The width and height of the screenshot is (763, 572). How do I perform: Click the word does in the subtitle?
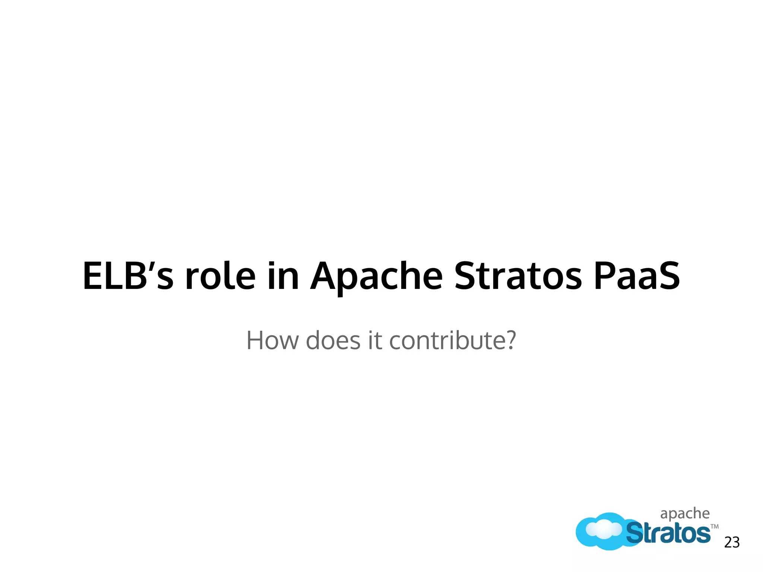click(x=333, y=340)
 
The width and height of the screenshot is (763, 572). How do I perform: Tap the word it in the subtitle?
click(x=376, y=340)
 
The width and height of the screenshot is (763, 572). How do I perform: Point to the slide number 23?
click(x=732, y=543)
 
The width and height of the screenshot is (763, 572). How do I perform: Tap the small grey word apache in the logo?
click(x=685, y=514)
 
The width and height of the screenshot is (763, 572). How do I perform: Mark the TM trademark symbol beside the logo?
click(x=715, y=527)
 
